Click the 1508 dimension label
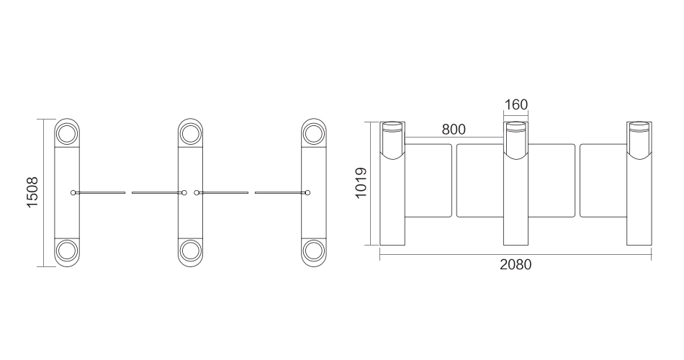tap(32, 192)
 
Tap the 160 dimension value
tap(516, 104)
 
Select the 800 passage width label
tap(454, 130)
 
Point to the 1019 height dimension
tap(361, 183)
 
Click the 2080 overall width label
tap(516, 265)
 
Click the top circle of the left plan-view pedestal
tap(67, 133)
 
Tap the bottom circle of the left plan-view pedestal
tap(67, 251)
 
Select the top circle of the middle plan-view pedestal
tap(190, 133)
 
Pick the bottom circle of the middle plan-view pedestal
tap(190, 251)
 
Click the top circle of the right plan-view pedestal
tap(314, 133)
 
